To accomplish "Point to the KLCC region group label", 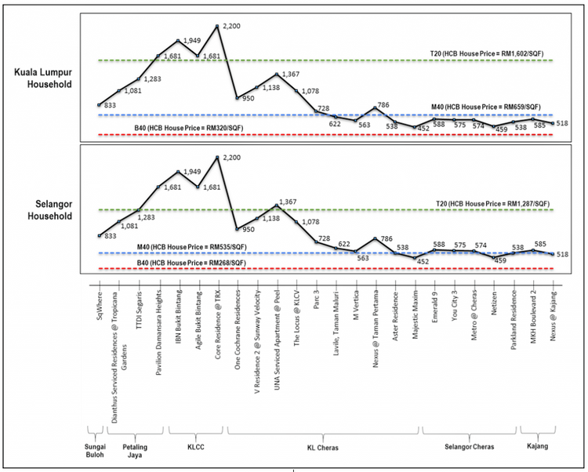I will tap(194, 446).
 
